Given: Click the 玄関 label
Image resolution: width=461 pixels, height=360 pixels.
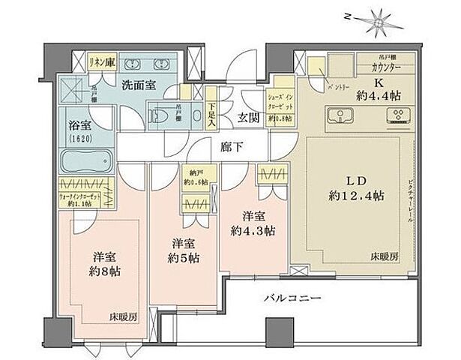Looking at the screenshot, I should (x=249, y=117).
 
